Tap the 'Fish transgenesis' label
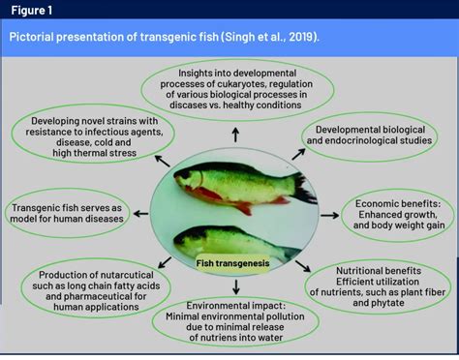click(x=231, y=262)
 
